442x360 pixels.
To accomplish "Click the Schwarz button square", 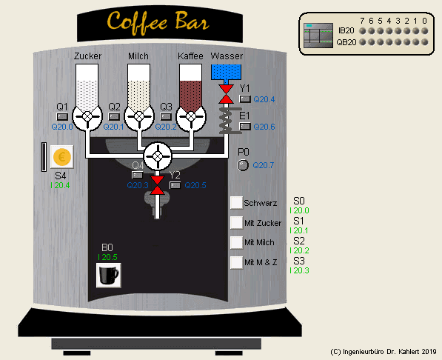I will pyautogui.click(x=236, y=202).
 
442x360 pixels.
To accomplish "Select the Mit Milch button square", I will pyautogui.click(x=236, y=242).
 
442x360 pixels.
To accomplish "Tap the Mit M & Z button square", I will pyautogui.click(x=236, y=262).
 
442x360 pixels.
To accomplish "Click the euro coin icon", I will pyautogui.click(x=62, y=157).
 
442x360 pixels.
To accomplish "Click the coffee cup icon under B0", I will pyautogui.click(x=109, y=276).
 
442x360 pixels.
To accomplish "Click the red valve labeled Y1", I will pyautogui.click(x=225, y=93).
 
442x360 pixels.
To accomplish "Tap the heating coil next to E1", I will pyautogui.click(x=225, y=119).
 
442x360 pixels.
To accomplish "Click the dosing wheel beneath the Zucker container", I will pyautogui.click(x=87, y=116).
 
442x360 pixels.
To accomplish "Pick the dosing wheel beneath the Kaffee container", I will pyautogui.click(x=190, y=116).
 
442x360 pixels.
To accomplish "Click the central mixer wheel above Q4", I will pyautogui.click(x=157, y=156).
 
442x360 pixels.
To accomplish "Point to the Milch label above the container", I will pyautogui.click(x=138, y=56).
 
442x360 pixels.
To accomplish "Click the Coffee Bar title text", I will pyautogui.click(x=156, y=21).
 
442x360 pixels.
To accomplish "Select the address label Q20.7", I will pyautogui.click(x=264, y=165).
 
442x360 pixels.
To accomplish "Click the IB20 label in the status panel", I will pyautogui.click(x=346, y=31).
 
